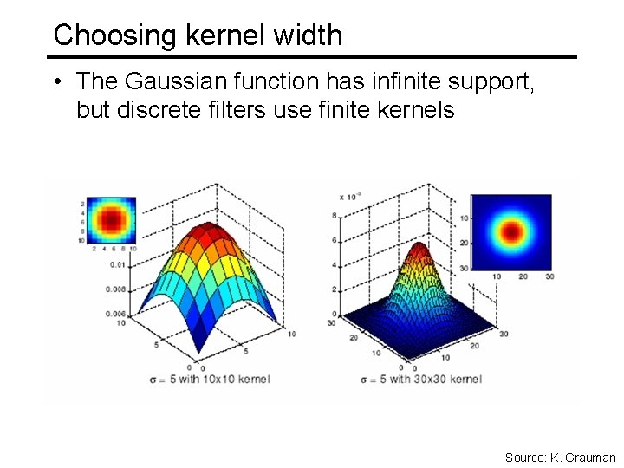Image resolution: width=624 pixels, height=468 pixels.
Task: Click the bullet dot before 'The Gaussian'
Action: (x=56, y=83)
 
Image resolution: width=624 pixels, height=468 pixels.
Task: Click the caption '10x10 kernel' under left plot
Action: (x=233, y=379)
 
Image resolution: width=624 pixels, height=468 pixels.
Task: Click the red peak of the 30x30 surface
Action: (x=419, y=251)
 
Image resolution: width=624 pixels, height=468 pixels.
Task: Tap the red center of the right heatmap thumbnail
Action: (x=510, y=232)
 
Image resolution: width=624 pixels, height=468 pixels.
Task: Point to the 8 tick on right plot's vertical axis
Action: (x=335, y=215)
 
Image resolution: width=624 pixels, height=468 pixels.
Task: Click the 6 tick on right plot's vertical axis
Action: (x=335, y=240)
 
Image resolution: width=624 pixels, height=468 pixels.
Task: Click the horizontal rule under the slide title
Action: (x=312, y=57)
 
